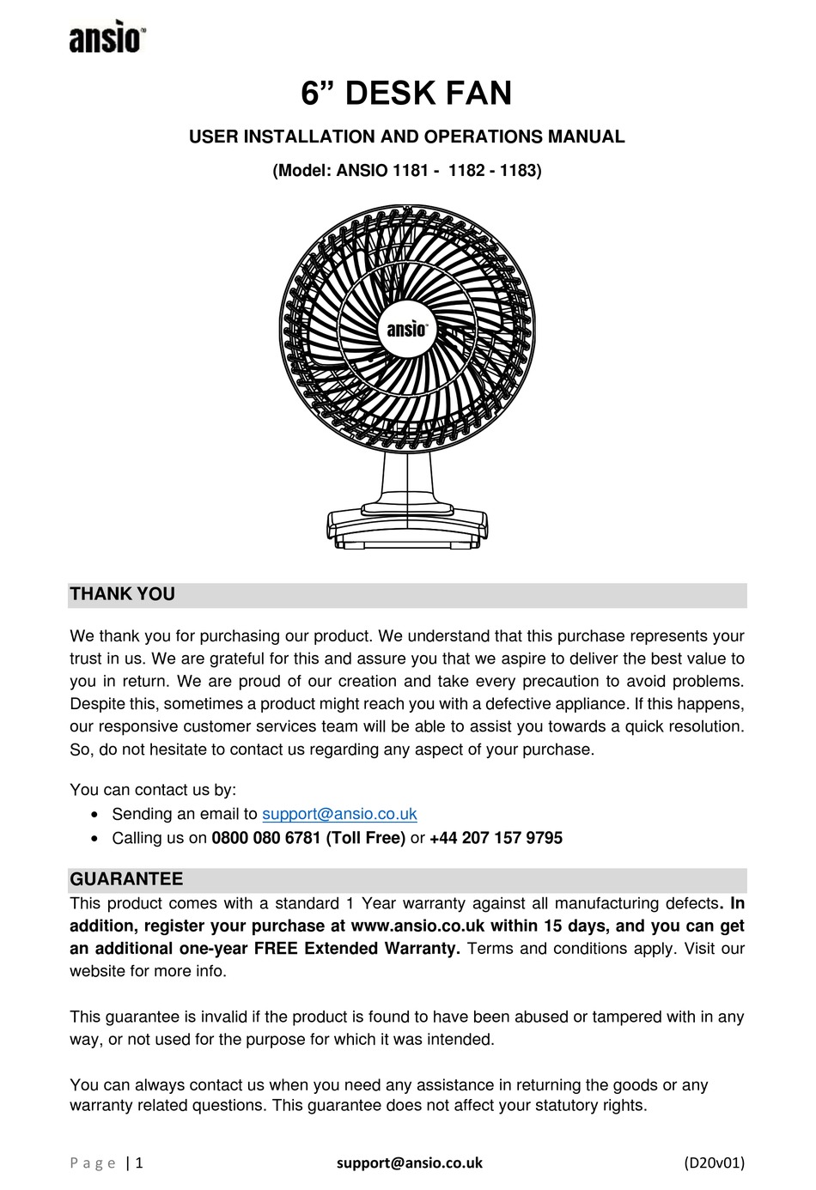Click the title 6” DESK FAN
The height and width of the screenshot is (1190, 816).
point(406,93)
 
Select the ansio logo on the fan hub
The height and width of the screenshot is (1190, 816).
point(406,329)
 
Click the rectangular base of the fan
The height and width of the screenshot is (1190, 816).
point(407,525)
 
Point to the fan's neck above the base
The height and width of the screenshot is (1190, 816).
point(406,477)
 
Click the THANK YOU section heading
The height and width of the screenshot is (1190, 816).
point(122,594)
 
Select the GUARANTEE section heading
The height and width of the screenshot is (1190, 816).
point(126,879)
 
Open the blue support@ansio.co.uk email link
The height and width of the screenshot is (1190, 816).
point(339,814)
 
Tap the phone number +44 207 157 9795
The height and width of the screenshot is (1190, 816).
point(496,838)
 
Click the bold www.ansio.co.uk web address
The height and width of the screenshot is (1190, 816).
point(418,926)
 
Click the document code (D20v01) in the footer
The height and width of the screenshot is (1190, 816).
point(714,1163)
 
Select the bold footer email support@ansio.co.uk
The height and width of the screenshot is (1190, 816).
point(409,1163)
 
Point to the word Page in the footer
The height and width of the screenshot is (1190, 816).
point(93,1163)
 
